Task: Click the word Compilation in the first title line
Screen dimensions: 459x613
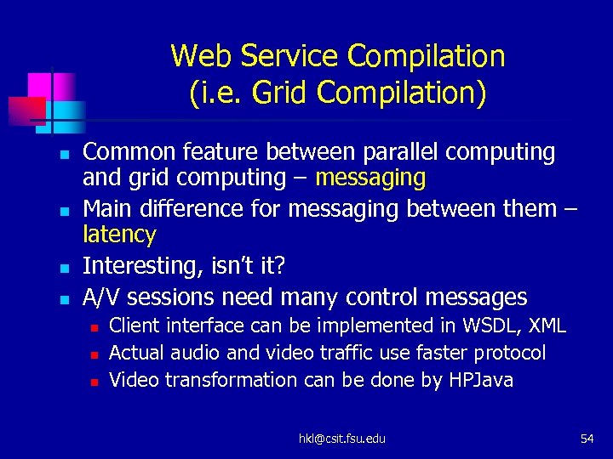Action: click(433, 57)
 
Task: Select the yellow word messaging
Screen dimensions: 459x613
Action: click(370, 178)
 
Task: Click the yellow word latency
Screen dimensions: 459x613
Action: click(119, 235)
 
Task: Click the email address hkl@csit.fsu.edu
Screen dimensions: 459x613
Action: click(341, 438)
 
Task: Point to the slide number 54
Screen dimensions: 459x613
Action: click(587, 438)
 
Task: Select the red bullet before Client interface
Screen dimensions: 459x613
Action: click(95, 327)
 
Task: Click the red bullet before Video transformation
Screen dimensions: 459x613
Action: click(95, 382)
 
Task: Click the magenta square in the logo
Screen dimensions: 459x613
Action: click(39, 85)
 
